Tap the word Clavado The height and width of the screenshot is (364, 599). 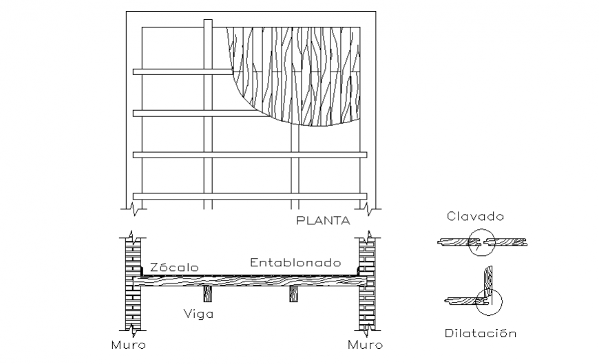(x=475, y=216)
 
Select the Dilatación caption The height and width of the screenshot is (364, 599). (x=479, y=334)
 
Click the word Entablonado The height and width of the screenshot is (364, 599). (x=295, y=262)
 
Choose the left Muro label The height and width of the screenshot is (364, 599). (x=129, y=344)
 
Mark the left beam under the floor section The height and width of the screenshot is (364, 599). (x=207, y=295)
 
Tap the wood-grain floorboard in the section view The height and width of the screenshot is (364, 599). (x=248, y=281)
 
